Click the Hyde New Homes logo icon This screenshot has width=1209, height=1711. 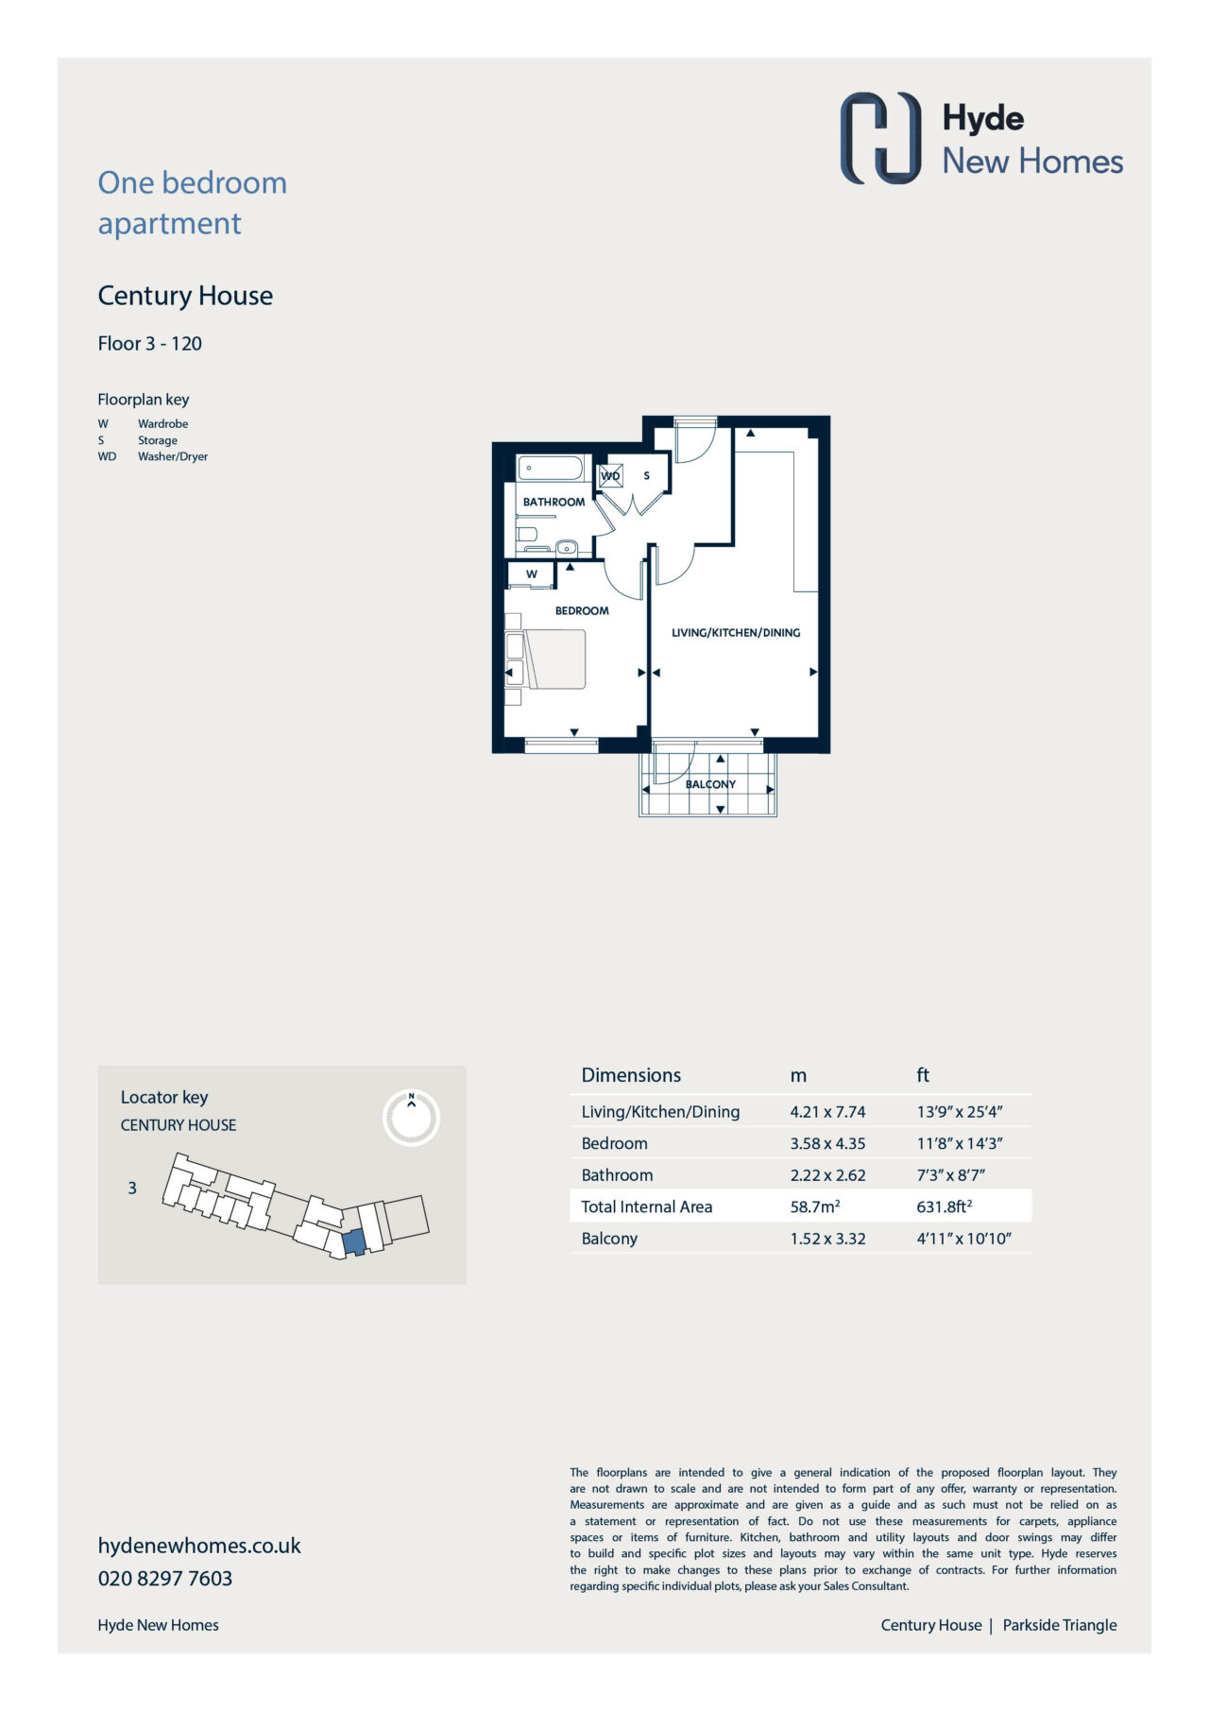(880, 138)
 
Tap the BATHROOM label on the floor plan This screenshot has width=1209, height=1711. (554, 502)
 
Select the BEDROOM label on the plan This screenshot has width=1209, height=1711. (582, 610)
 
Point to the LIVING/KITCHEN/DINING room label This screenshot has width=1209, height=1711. (736, 632)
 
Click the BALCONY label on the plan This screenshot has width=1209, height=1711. (710, 784)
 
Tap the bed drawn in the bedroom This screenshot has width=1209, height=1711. (555, 659)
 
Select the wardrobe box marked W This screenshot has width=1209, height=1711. (532, 574)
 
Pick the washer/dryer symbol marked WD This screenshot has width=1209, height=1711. (611, 475)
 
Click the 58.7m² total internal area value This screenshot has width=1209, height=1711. (815, 1206)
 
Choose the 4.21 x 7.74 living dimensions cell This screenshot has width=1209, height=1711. (827, 1112)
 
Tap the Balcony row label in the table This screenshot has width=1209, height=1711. (609, 1239)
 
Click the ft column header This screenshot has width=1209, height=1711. (923, 1075)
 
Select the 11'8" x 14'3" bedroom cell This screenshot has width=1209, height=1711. (960, 1143)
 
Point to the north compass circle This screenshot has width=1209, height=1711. (412, 1119)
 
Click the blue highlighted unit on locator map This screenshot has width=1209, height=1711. (352, 1242)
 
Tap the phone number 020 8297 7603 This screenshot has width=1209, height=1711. (165, 1578)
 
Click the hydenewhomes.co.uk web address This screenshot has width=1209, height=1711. (199, 1546)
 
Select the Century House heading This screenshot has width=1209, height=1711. (185, 296)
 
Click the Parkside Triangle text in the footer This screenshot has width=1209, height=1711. (1060, 1625)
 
